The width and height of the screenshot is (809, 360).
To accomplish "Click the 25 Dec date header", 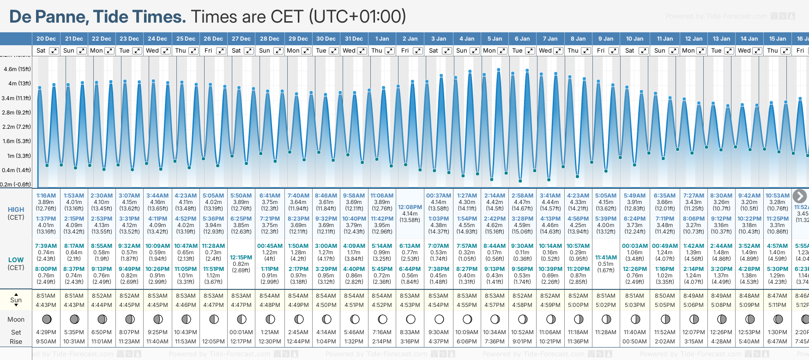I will (186, 39).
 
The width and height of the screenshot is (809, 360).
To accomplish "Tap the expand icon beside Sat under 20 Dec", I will (54, 51).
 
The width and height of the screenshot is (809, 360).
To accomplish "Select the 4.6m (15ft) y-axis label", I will (17, 69).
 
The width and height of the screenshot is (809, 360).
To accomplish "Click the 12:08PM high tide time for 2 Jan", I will (410, 207).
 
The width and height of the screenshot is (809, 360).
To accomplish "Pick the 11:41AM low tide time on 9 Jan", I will (606, 258).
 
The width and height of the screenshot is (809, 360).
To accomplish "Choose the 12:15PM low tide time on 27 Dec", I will (241, 258).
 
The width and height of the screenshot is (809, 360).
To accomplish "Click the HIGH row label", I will (16, 210).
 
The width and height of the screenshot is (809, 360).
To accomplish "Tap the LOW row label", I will (16, 260).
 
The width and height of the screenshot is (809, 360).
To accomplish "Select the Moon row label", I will (16, 319).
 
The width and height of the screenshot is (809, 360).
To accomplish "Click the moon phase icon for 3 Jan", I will (439, 319).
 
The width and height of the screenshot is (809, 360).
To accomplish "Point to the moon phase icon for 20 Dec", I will (46, 319).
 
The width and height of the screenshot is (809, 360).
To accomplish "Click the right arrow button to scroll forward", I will (800, 196).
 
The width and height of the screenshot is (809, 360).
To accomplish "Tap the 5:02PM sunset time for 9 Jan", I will (606, 305).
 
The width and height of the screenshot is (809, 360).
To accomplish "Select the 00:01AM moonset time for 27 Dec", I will (241, 332).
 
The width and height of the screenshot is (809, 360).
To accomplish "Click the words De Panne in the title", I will (49, 17).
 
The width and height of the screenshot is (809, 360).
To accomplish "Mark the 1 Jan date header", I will (382, 39).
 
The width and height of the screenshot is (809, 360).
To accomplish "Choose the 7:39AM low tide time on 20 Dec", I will (46, 246).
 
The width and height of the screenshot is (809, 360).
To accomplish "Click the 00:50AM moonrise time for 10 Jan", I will (634, 342).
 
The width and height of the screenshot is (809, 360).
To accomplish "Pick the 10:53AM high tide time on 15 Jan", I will (778, 196).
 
